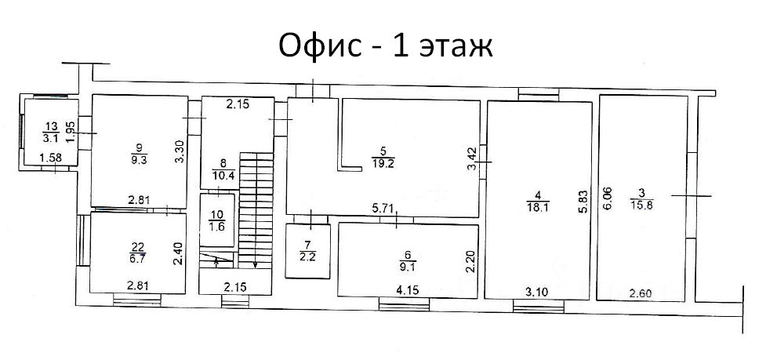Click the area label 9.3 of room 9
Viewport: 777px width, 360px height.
(x=138, y=160)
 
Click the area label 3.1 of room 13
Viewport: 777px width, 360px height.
(x=49, y=140)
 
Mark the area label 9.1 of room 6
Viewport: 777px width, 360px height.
(x=408, y=264)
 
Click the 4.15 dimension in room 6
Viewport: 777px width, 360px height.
(x=408, y=289)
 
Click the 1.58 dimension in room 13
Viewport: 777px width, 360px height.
(x=50, y=158)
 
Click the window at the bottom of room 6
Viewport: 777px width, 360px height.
(x=404, y=304)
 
